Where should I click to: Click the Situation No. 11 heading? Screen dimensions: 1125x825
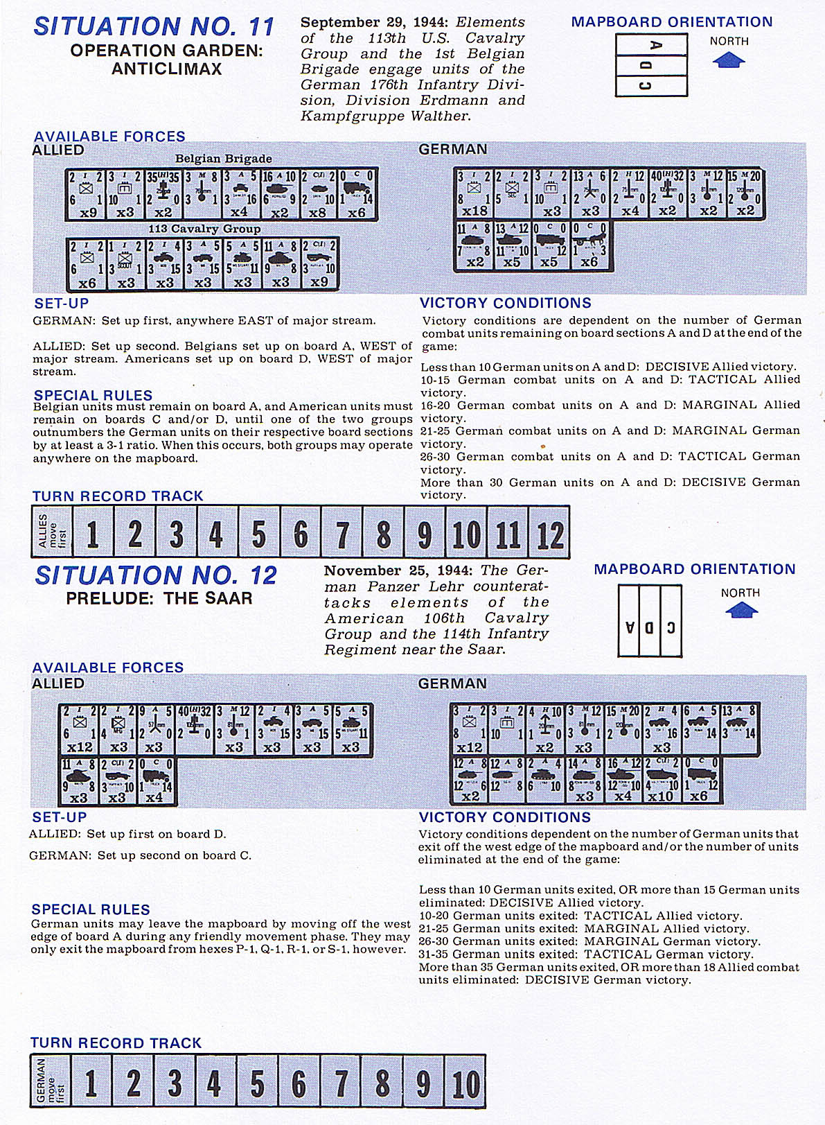pyautogui.click(x=154, y=26)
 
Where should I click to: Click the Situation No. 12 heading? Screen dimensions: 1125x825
pyautogui.click(x=156, y=575)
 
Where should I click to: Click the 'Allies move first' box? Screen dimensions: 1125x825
pyautogui.click(x=52, y=532)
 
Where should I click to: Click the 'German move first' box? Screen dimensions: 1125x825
pyautogui.click(x=51, y=1081)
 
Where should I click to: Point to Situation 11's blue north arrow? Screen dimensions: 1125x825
pyautogui.click(x=729, y=60)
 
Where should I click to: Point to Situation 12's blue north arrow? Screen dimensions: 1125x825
pyautogui.click(x=740, y=610)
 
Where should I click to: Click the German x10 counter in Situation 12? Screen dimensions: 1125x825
pyautogui.click(x=660, y=780)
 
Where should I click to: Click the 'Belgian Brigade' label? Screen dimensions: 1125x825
pyautogui.click(x=223, y=159)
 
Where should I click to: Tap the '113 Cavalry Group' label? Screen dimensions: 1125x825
pyautogui.click(x=204, y=229)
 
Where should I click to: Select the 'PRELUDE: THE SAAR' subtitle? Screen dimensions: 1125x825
pyautogui.click(x=159, y=598)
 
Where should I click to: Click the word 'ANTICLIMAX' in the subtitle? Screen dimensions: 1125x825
pyautogui.click(x=167, y=69)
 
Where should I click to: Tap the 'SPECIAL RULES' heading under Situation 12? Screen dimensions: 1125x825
pyautogui.click(x=91, y=909)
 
